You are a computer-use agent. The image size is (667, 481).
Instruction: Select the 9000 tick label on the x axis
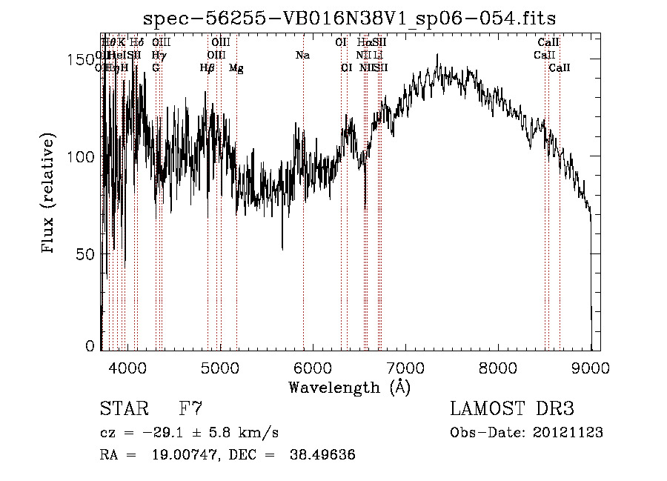[x=591, y=367]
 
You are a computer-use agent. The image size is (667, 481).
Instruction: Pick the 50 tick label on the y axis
[x=86, y=254]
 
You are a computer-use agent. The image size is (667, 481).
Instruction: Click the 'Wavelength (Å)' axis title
[x=349, y=387]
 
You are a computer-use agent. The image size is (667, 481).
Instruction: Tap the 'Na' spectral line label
[x=302, y=55]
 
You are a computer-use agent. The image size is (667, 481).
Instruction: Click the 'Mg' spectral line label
[x=236, y=67]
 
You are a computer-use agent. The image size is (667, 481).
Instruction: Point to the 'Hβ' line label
[x=207, y=67]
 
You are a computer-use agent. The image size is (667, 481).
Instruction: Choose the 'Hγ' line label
[x=158, y=55]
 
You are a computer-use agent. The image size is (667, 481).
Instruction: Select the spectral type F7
[x=190, y=408]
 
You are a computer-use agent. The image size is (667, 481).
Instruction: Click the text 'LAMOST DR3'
[x=512, y=408]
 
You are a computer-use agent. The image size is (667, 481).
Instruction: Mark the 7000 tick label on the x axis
[x=405, y=367]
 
